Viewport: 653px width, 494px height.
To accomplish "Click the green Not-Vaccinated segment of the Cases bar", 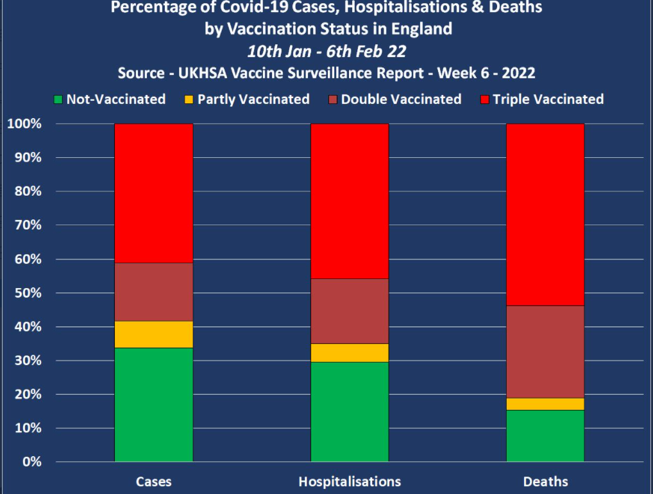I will (153, 404).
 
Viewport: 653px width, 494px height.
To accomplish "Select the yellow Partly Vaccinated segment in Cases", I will (153, 334).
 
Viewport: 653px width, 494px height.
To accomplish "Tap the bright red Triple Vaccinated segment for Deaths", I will (545, 214).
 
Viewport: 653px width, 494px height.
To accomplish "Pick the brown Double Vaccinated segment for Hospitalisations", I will (350, 311).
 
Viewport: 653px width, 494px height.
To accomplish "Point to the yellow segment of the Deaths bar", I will (545, 404).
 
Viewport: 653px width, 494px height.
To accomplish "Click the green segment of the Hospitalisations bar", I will (350, 412).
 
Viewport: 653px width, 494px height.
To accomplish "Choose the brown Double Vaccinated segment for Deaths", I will (545, 352).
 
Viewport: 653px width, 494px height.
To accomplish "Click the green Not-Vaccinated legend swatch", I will (58, 99).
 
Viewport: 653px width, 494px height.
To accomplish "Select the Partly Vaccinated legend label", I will (253, 99).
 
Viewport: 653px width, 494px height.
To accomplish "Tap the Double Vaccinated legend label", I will (401, 99).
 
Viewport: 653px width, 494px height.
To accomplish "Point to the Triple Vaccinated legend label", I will (548, 99).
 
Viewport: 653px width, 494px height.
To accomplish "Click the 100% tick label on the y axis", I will (24, 124).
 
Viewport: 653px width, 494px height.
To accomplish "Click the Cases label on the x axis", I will (153, 481).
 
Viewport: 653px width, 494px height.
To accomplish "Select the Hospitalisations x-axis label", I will (350, 481).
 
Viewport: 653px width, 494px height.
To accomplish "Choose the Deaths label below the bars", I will (545, 481).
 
